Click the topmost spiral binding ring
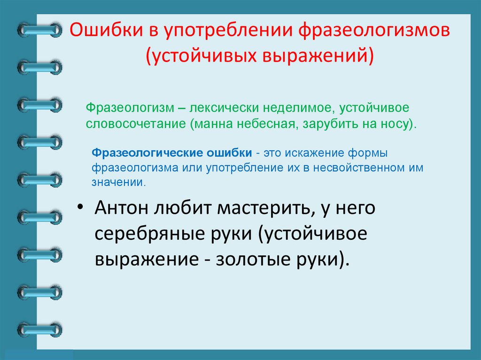(x=39, y=31)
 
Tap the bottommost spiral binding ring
(x=39, y=329)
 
